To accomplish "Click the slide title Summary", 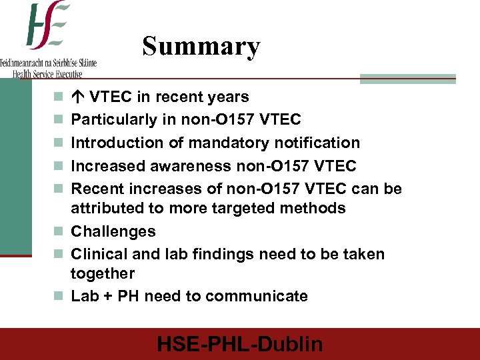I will pos(201,47).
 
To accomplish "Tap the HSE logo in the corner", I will pos(48,27).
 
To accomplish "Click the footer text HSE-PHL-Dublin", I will pos(240,344).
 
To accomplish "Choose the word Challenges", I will pos(113,231).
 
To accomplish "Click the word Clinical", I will pos(97,254).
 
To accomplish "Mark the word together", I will pos(103,273).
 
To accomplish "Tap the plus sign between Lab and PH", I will pos(106,296).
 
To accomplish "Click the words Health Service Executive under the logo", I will pos(47,74).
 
